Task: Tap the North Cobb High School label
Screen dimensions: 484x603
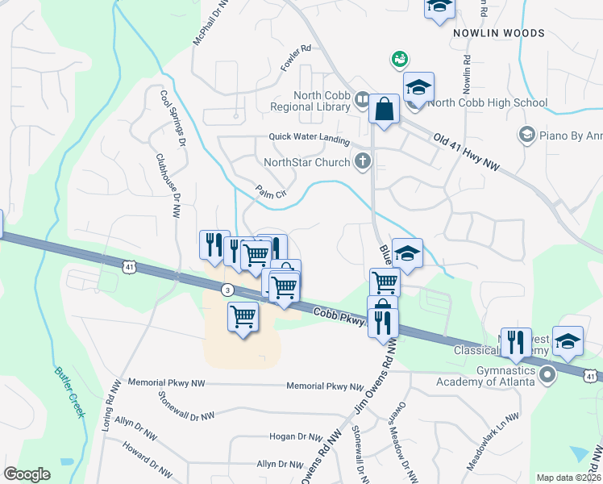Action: [488, 102]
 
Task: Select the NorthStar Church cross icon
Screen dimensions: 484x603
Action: [363, 162]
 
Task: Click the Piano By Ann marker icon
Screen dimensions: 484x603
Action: [527, 134]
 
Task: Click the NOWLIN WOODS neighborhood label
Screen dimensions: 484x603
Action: [498, 33]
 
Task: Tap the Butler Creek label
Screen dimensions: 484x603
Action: [70, 392]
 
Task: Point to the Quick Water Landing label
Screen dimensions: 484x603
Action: [310, 138]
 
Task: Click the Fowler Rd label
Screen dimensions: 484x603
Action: [295, 55]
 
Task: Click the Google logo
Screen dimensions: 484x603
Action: [27, 474]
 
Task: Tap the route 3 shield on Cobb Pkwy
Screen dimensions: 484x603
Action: [228, 289]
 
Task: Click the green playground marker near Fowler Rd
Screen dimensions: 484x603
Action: [398, 59]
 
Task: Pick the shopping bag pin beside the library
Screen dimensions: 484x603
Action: [385, 108]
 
